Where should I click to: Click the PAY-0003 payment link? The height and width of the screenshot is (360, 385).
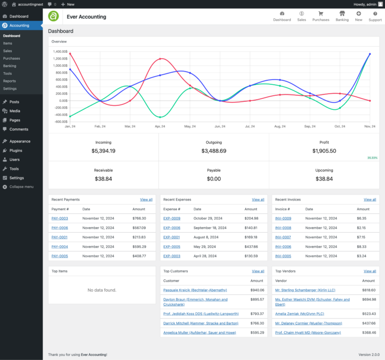(59, 218)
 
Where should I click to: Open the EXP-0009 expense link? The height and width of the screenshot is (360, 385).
(171, 218)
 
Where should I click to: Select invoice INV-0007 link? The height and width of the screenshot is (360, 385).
(283, 237)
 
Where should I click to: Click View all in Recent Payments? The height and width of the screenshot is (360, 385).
(146, 200)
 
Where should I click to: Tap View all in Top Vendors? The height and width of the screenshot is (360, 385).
(369, 271)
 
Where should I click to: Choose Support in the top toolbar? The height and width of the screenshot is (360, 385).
(375, 16)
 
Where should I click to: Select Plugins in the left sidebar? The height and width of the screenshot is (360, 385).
(16, 150)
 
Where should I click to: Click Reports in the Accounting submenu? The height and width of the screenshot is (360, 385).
(10, 81)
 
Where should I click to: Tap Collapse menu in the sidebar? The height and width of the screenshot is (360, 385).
(21, 187)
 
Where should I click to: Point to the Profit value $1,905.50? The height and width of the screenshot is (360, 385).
(324, 151)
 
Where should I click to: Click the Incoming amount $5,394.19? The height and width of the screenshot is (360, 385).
(103, 151)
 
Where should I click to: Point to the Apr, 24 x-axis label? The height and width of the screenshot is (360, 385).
(160, 126)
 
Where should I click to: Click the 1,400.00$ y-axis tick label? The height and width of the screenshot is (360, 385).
(59, 52)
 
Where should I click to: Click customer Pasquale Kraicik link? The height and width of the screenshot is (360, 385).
(195, 290)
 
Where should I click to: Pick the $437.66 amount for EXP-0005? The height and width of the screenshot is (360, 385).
(251, 247)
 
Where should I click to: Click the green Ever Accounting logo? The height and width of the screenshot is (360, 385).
(54, 16)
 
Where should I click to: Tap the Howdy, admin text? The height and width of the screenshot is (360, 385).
(364, 4)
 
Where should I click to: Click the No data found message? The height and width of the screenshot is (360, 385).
(102, 290)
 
